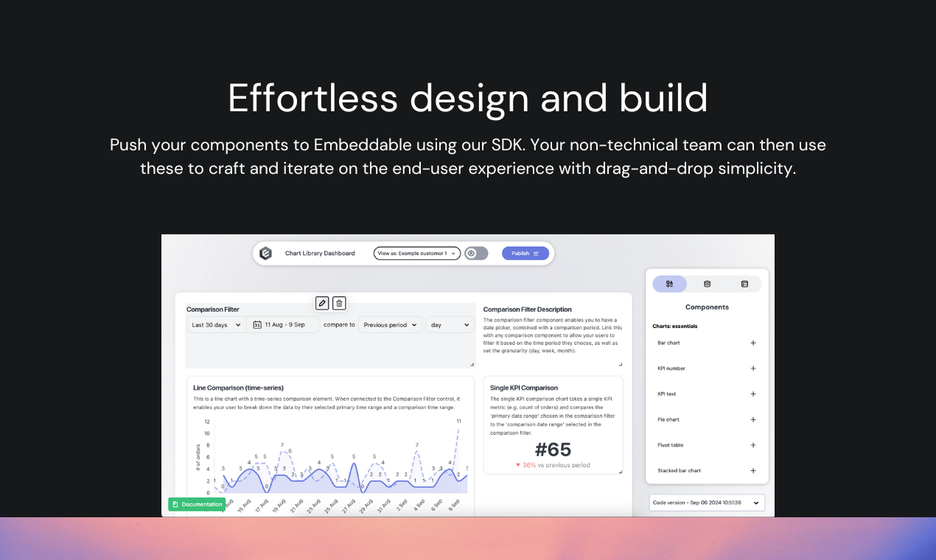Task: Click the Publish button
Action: click(525, 253)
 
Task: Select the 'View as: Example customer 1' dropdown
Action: click(417, 253)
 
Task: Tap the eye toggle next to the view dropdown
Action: click(476, 253)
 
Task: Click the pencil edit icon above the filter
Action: click(322, 303)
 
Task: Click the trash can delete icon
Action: click(339, 303)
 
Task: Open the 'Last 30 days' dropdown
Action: click(216, 325)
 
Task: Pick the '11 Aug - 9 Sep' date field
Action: click(284, 325)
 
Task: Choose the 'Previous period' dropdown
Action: click(391, 325)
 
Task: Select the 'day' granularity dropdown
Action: click(450, 325)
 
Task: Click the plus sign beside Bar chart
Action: click(753, 343)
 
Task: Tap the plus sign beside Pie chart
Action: click(753, 419)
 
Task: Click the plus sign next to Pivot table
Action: click(753, 445)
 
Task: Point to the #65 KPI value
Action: click(553, 449)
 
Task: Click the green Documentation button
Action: click(197, 504)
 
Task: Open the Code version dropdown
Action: click(707, 503)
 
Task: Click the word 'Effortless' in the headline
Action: click(312, 98)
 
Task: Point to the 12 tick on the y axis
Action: click(207, 421)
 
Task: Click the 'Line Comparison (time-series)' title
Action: click(238, 388)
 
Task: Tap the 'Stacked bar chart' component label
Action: click(679, 471)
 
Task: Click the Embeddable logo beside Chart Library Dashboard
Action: click(266, 253)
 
